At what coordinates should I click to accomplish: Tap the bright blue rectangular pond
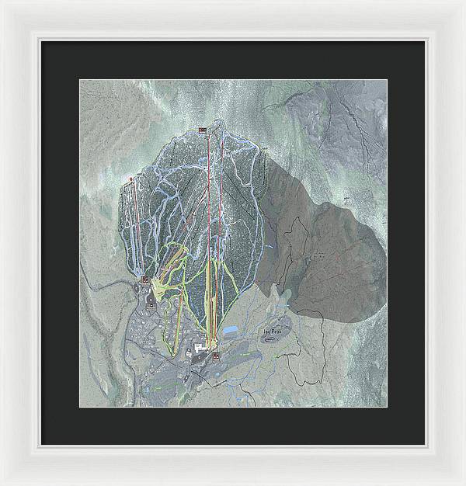pyautogui.click(x=231, y=331)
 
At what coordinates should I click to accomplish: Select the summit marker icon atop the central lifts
pyautogui.click(x=203, y=129)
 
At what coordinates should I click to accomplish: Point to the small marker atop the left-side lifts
pyautogui.click(x=130, y=179)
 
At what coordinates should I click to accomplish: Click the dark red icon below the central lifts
pyautogui.click(x=214, y=356)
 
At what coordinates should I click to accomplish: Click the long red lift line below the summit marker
pyautogui.click(x=208, y=233)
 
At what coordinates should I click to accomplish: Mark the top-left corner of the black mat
pyautogui.click(x=42, y=41)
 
